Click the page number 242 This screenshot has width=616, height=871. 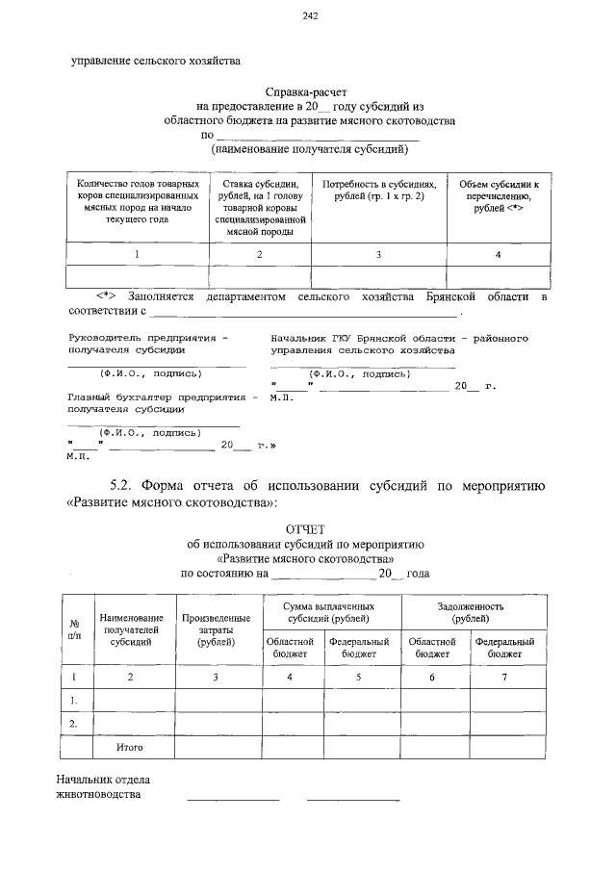click(309, 15)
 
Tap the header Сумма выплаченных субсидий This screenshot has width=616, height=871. click(328, 612)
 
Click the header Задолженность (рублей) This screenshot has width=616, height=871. click(472, 612)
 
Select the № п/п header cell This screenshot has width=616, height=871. click(74, 629)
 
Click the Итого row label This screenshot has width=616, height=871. click(129, 746)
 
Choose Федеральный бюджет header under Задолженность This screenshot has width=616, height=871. click(510, 647)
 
